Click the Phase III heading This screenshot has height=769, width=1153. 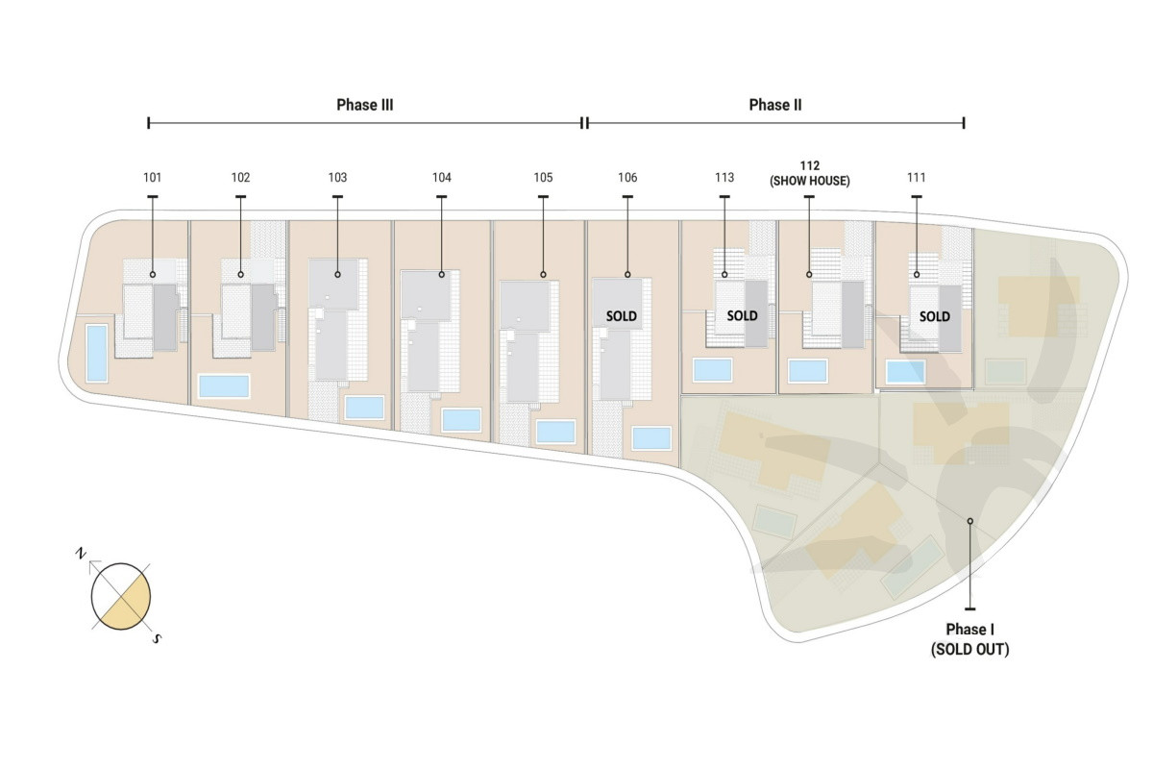point(364,105)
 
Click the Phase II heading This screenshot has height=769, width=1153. point(775,105)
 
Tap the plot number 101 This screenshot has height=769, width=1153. point(153,178)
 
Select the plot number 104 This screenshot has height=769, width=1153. point(442,178)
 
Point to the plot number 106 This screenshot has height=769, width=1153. point(627,178)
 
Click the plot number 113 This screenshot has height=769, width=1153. point(724,178)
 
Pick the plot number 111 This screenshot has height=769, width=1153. point(917,178)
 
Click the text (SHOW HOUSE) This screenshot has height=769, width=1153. point(810,182)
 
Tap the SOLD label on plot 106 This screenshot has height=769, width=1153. point(622,316)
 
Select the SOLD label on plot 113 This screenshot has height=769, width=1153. point(742,315)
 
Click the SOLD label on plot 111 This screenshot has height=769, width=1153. point(935,316)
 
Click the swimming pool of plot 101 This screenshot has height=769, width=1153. point(97,354)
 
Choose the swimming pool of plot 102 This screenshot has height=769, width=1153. point(224,386)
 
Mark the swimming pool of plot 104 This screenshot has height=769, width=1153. point(462,420)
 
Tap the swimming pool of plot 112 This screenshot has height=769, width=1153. point(808,371)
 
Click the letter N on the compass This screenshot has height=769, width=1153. point(81,554)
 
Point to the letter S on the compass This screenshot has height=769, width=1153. point(158,639)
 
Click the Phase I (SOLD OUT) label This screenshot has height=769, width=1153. point(969,639)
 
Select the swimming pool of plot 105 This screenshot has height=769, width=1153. point(555,433)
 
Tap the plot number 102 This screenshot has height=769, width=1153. point(240,178)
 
